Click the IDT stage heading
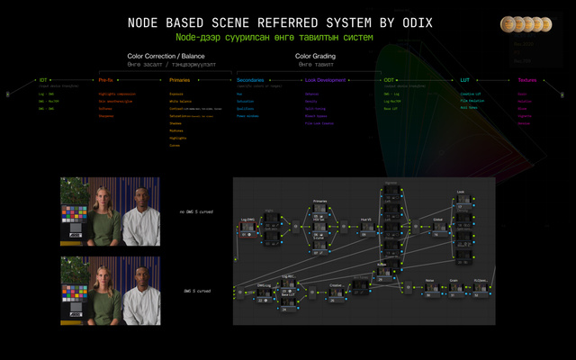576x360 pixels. click(x=42, y=80)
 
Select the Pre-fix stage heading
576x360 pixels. click(x=106, y=80)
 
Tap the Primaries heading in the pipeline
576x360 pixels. click(x=179, y=80)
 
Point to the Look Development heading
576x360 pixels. click(x=326, y=80)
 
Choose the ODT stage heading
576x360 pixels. click(x=389, y=80)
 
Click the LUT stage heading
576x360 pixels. click(x=464, y=80)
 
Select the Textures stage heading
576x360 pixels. click(x=526, y=80)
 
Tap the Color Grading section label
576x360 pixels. click(x=315, y=56)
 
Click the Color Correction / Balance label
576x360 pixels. click(x=173, y=56)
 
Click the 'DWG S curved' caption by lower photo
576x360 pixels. click(x=197, y=291)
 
